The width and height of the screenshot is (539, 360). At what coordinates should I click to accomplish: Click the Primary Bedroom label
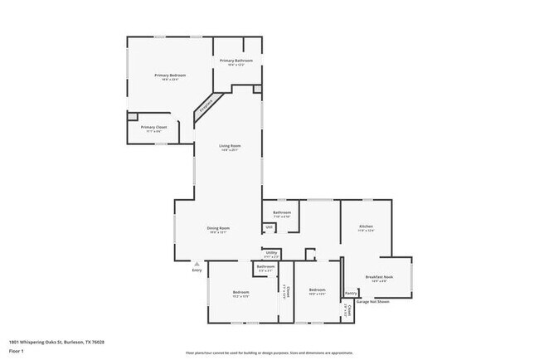click(x=170, y=75)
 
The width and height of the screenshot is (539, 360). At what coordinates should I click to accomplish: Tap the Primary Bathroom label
click(x=236, y=61)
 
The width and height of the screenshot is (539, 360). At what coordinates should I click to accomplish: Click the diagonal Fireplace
click(x=206, y=106)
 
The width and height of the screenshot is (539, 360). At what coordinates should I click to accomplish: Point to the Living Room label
click(x=230, y=146)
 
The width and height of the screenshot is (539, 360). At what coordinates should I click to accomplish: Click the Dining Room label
click(x=218, y=227)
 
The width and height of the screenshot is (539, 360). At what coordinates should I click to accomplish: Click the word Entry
click(x=197, y=270)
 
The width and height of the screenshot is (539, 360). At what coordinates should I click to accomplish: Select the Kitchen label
click(x=366, y=226)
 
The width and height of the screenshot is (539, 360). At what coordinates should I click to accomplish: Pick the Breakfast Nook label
click(x=379, y=277)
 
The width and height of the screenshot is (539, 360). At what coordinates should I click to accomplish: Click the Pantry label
click(x=351, y=293)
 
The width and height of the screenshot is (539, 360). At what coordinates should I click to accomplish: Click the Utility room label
click(x=271, y=252)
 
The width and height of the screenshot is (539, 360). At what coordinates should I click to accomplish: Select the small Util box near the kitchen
click(x=269, y=227)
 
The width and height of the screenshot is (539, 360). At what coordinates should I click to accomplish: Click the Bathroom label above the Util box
click(x=282, y=212)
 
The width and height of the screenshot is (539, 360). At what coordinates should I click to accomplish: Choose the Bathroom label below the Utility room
click(x=266, y=266)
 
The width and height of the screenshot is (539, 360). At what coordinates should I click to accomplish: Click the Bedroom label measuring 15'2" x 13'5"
click(x=240, y=292)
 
